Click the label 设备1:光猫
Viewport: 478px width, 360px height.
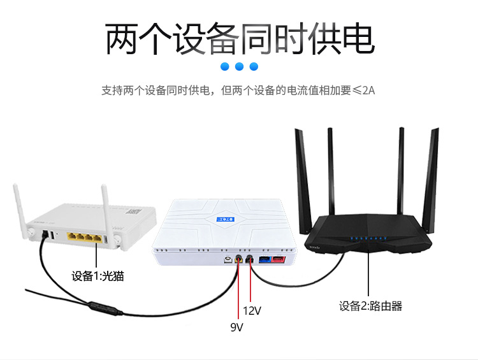coord(97,276)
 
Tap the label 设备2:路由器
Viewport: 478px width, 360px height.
coord(370,306)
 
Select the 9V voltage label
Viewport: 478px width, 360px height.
coord(236,328)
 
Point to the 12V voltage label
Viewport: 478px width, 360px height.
coord(252,311)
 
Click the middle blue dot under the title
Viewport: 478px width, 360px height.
coord(240,66)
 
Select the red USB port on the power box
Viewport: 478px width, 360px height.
coord(279,259)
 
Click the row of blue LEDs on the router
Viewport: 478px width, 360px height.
coord(363,239)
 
